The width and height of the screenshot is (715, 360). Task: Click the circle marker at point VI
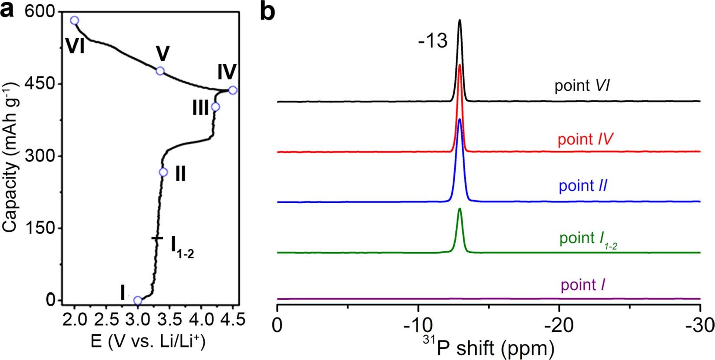coord(75,20)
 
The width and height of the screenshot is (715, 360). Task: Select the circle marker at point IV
coord(232,90)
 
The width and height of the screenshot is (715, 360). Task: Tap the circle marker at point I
coord(138,301)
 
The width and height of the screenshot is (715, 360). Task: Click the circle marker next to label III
coord(215,107)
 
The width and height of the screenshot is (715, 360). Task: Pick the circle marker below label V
coord(160,71)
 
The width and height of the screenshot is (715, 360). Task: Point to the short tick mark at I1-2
coord(157,238)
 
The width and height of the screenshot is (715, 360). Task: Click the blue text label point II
coord(583,186)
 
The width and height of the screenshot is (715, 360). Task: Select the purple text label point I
coord(583,285)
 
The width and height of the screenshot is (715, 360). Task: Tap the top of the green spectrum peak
coord(460,209)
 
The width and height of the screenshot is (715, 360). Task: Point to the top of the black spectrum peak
coord(460,20)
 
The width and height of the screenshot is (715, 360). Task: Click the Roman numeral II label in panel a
coord(180,175)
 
